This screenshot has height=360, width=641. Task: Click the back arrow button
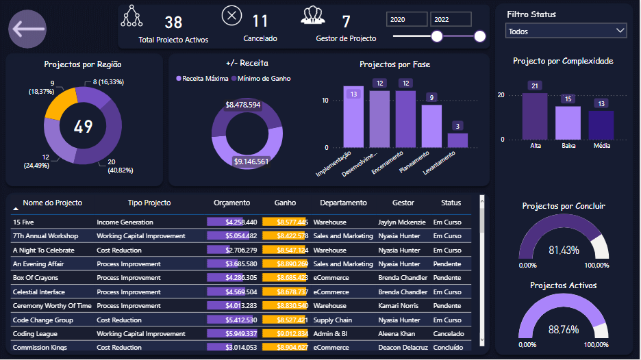click(x=27, y=29)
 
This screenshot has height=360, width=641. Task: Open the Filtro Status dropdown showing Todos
click(x=566, y=31)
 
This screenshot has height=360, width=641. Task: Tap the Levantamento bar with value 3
click(x=457, y=140)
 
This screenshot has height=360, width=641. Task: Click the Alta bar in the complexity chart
click(x=535, y=116)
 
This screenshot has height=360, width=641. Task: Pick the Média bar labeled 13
click(x=601, y=125)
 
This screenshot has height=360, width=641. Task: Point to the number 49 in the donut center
click(x=84, y=127)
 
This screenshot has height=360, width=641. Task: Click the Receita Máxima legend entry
click(x=202, y=79)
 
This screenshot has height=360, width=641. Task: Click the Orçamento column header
click(x=231, y=203)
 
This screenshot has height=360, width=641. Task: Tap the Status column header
click(x=451, y=203)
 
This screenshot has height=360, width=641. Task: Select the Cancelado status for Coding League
click(x=449, y=334)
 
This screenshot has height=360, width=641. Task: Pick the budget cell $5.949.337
click(x=232, y=334)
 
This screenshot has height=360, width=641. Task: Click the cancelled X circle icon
click(x=232, y=15)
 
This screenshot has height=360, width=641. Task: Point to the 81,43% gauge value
click(x=564, y=250)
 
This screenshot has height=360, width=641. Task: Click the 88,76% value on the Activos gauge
click(x=564, y=329)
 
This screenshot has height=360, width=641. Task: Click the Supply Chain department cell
click(x=333, y=320)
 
